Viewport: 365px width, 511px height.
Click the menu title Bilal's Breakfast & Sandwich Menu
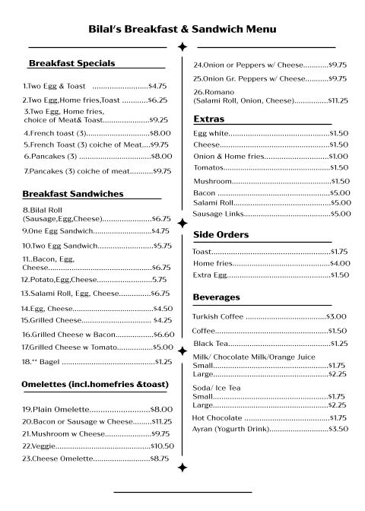pyautogui.click(x=182, y=29)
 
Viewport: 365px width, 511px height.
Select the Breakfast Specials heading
pyautogui.click(x=71, y=63)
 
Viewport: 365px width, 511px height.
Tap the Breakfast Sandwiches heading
pyautogui.click(x=73, y=194)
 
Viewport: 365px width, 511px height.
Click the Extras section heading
pyautogui.click(x=208, y=119)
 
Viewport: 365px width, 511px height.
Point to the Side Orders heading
pyautogui.click(x=221, y=233)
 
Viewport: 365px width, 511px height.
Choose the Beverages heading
pyautogui.click(x=217, y=297)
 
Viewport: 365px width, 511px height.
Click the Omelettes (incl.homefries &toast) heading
pyautogui.click(x=95, y=384)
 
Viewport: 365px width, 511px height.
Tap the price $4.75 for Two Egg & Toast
pyautogui.click(x=157, y=86)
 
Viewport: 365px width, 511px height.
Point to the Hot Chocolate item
pyautogui.click(x=217, y=417)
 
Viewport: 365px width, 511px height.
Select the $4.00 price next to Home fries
pyautogui.click(x=339, y=263)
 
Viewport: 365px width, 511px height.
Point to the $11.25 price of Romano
pyautogui.click(x=338, y=100)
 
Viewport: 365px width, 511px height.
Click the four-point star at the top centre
pyautogui.click(x=182, y=47)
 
